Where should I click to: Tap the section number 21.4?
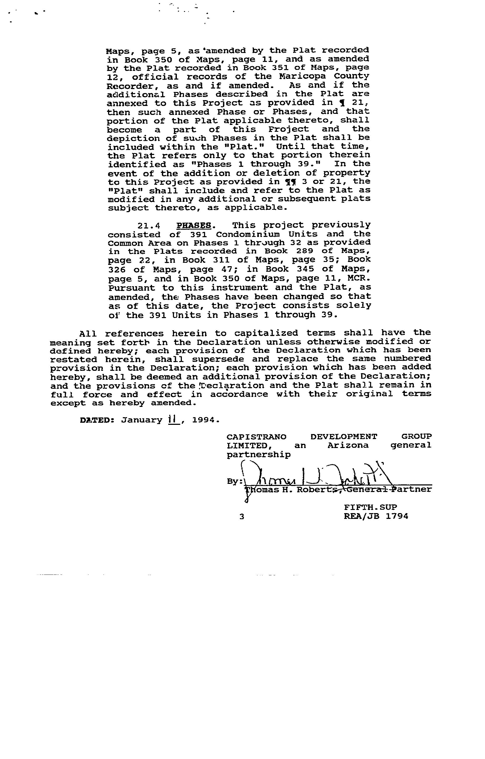149,226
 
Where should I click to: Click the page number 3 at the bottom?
242,516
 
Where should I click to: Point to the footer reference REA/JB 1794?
376,516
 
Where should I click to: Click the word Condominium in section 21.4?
248,234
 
